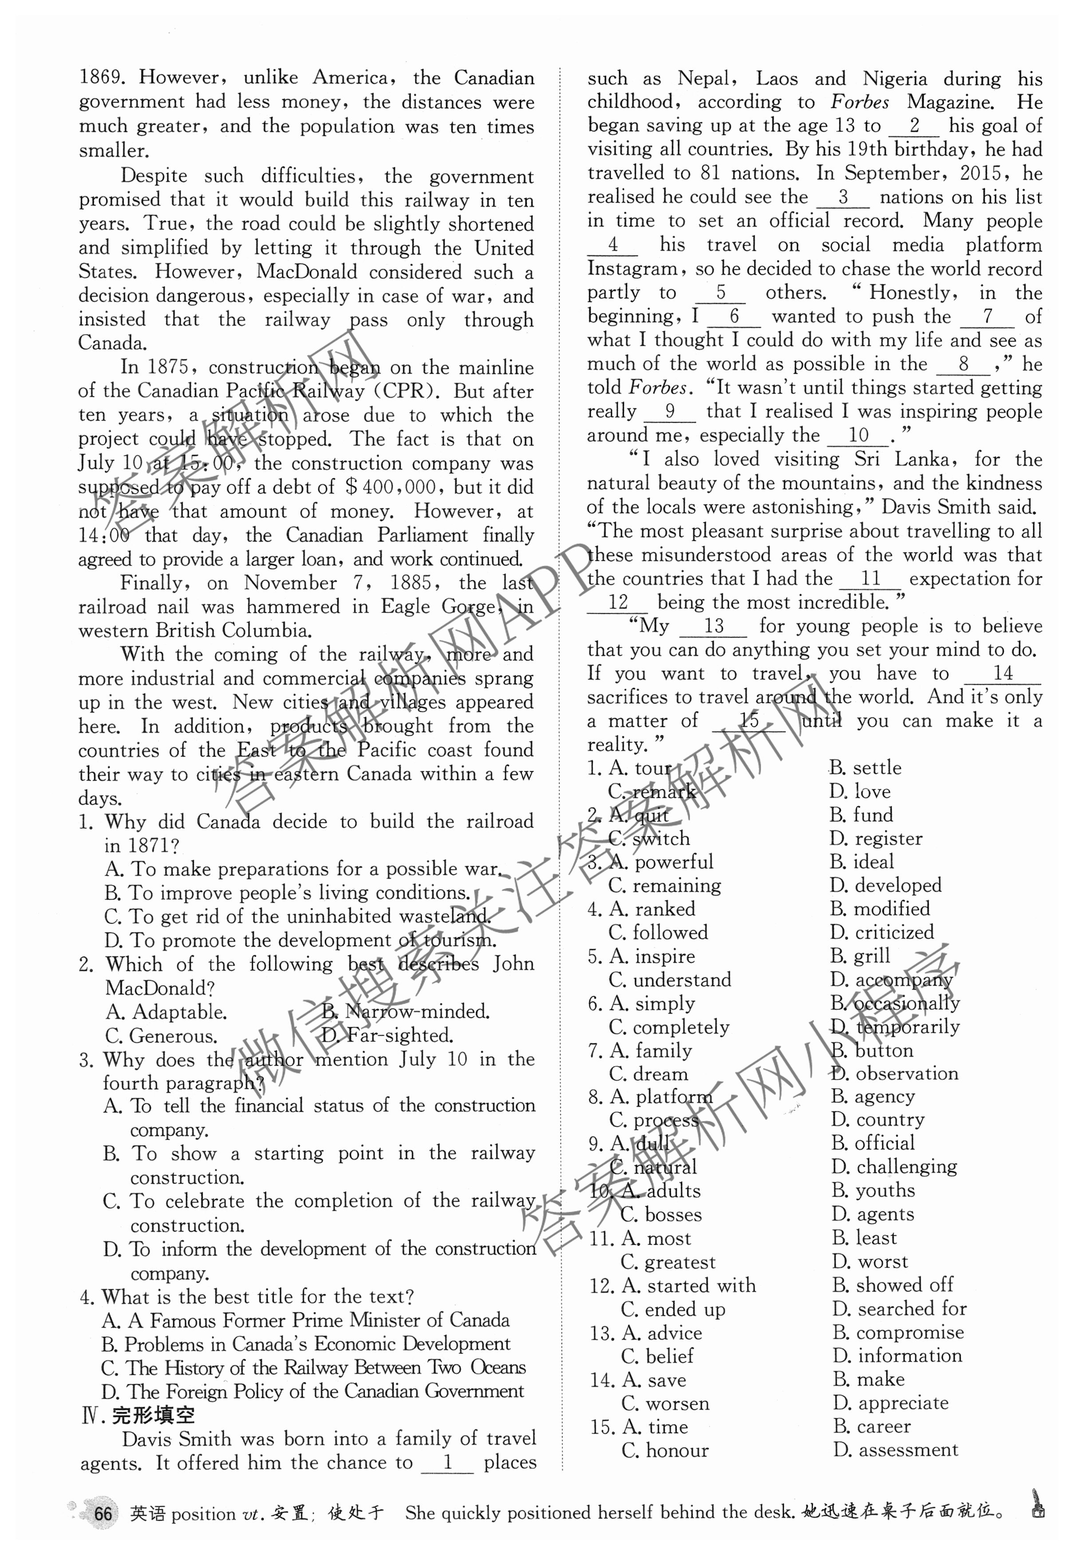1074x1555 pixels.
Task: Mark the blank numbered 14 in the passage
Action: (x=1002, y=674)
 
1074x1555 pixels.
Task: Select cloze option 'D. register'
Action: (x=876, y=838)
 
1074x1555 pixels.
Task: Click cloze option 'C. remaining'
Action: (x=665, y=885)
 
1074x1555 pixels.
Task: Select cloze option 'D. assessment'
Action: (x=896, y=1450)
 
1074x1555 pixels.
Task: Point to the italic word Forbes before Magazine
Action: (x=859, y=102)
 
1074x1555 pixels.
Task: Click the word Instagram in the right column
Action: (x=632, y=269)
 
